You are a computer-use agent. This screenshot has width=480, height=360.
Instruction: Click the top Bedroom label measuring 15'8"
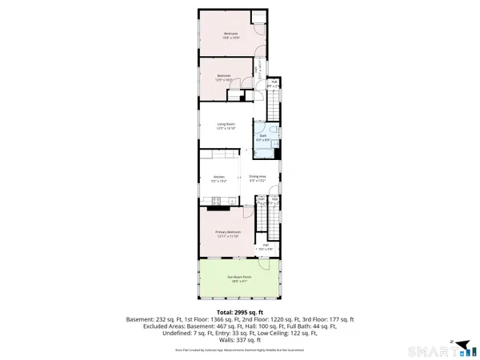pos(230,35)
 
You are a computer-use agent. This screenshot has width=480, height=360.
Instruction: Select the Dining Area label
pos(257,178)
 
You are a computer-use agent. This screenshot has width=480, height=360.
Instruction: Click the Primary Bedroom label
pos(228,234)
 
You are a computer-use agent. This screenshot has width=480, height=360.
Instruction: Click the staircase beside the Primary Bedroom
pos(272,229)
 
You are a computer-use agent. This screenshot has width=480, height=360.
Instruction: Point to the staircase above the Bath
pos(273,103)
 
